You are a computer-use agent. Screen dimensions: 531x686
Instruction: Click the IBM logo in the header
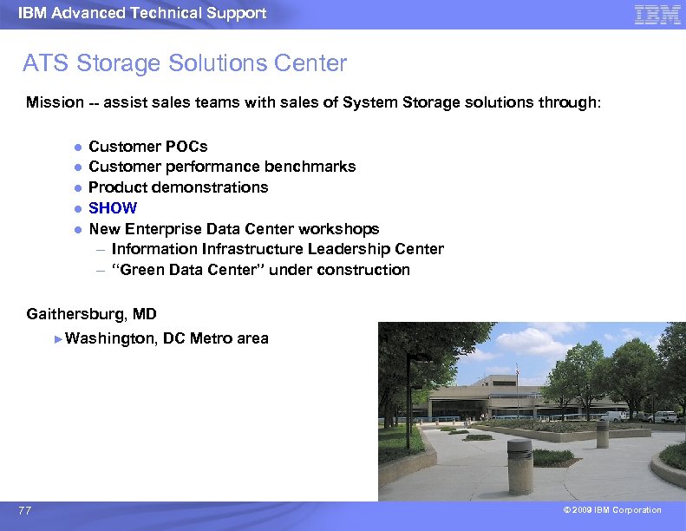[x=657, y=14]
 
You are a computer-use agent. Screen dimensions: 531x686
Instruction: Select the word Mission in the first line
[x=55, y=102]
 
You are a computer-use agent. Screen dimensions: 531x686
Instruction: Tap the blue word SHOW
[x=113, y=208]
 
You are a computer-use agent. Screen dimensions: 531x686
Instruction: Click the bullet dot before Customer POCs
[x=76, y=147]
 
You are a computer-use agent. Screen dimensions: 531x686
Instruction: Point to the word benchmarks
[x=315, y=167]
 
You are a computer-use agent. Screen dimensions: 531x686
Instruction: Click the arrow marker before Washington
[x=58, y=338]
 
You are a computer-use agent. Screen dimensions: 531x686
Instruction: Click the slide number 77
[x=24, y=511]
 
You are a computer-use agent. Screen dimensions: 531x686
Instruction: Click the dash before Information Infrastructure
[x=101, y=250]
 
